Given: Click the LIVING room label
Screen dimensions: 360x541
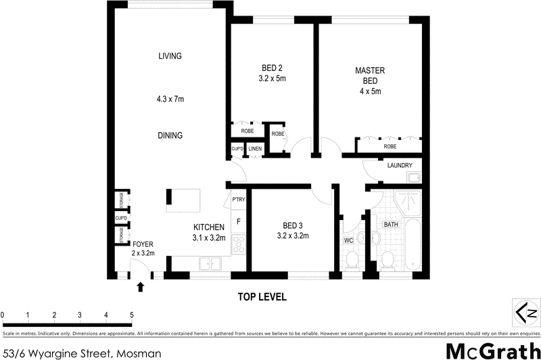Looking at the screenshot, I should (x=170, y=56).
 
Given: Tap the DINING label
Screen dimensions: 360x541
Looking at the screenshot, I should (x=170, y=135).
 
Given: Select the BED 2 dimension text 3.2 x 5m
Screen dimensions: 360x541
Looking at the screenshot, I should (x=273, y=78).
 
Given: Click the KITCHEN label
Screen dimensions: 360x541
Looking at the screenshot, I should (x=208, y=228).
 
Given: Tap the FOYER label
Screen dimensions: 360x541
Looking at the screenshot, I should (x=143, y=244).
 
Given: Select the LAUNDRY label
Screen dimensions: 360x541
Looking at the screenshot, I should (x=400, y=166).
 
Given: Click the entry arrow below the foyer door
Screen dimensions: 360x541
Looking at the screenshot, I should (x=141, y=287).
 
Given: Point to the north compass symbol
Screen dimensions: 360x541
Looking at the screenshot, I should (x=523, y=312).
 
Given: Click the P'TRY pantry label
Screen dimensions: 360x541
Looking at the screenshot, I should (x=238, y=199).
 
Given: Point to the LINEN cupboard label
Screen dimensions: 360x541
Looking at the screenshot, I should (x=254, y=149).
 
